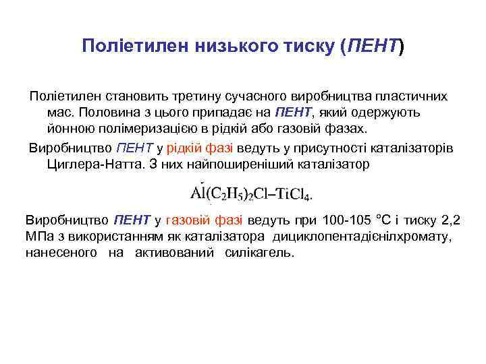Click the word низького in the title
pos(218,47)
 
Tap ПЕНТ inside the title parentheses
pos(373,47)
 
